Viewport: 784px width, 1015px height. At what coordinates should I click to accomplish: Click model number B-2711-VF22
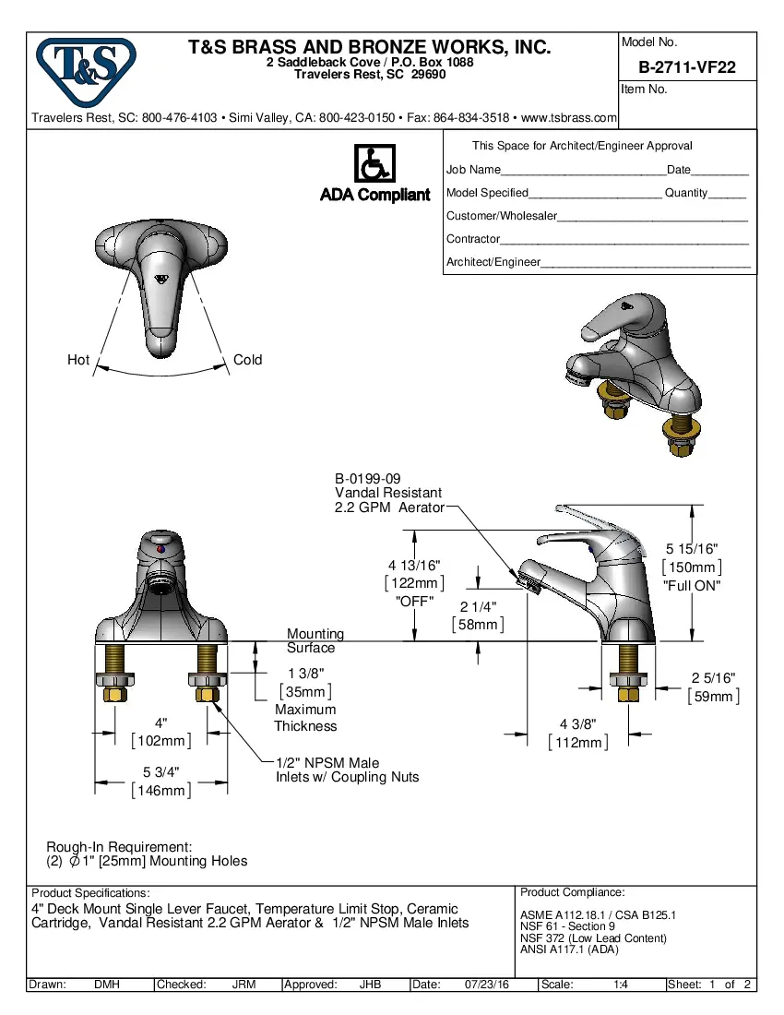click(x=686, y=67)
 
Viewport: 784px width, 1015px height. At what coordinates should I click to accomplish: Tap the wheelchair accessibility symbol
click(x=374, y=165)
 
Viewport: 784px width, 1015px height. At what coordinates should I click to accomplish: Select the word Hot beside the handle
click(x=78, y=360)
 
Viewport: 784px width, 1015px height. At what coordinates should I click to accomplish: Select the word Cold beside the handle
click(x=247, y=360)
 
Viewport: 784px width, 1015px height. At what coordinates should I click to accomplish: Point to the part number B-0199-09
click(x=367, y=479)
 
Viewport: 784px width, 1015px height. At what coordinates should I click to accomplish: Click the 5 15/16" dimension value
click(x=692, y=549)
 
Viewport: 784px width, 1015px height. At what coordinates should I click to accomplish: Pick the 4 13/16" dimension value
click(x=414, y=565)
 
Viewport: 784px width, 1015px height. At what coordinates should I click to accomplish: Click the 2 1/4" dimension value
click(x=478, y=606)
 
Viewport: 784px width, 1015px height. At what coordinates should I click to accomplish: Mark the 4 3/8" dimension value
click(x=577, y=723)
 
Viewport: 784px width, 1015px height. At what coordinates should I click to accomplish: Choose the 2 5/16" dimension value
click(x=713, y=678)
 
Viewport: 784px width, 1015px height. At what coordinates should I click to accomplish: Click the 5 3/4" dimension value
click(x=160, y=771)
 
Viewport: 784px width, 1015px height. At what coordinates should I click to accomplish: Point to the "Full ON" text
click(x=692, y=586)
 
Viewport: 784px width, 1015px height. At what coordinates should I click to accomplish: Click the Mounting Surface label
click(x=315, y=640)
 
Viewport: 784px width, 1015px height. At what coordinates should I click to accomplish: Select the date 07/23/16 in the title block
click(x=488, y=985)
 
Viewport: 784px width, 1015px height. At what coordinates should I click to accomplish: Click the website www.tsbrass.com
click(x=569, y=118)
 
